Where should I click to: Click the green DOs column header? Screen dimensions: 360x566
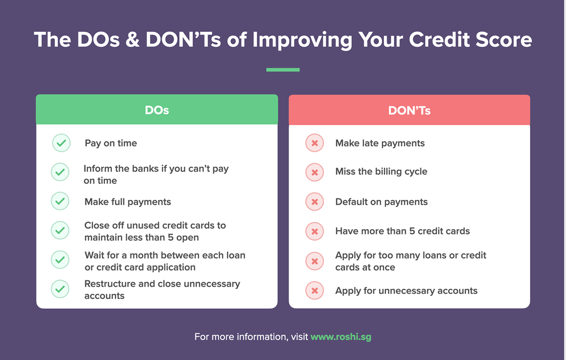pyautogui.click(x=157, y=110)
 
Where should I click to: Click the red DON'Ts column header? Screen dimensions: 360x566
pyautogui.click(x=409, y=111)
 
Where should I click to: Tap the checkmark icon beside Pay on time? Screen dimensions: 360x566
pyautogui.click(x=61, y=143)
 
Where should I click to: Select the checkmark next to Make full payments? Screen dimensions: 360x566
pyautogui.click(x=60, y=202)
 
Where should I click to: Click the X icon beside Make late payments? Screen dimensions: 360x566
pyautogui.click(x=315, y=143)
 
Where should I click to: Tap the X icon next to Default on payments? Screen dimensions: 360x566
pyautogui.click(x=315, y=202)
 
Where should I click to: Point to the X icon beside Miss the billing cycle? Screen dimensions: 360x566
pyautogui.click(x=315, y=172)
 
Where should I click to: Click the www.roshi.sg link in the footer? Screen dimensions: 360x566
pyautogui.click(x=341, y=337)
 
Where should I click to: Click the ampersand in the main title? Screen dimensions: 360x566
pyautogui.click(x=132, y=40)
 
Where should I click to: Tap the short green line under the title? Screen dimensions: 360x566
pyautogui.click(x=283, y=70)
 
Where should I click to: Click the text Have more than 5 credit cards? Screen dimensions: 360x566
pyautogui.click(x=402, y=231)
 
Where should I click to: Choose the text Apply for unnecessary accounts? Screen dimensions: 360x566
pyautogui.click(x=406, y=291)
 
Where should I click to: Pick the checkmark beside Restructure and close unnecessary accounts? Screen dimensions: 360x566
pyautogui.click(x=60, y=289)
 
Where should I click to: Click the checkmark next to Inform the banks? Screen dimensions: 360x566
pyautogui.click(x=60, y=172)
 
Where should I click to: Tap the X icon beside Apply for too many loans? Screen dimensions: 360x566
pyautogui.click(x=315, y=261)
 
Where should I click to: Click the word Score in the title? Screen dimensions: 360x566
pyautogui.click(x=504, y=40)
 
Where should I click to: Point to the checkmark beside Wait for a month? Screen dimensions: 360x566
pyautogui.click(x=60, y=259)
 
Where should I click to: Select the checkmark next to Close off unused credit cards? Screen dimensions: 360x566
pyautogui.click(x=60, y=230)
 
